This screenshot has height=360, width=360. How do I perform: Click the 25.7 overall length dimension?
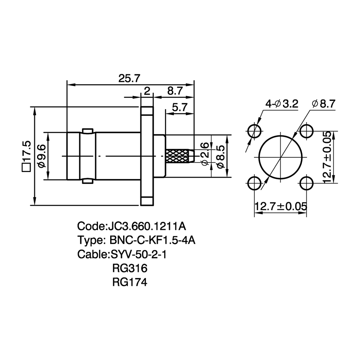tap(129, 78)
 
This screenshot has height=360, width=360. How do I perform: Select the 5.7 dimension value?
tap(180, 107)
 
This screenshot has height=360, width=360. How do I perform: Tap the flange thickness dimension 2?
tap(147, 91)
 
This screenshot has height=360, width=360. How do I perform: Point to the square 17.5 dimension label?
tap(26, 156)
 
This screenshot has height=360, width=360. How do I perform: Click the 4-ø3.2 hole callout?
tap(282, 104)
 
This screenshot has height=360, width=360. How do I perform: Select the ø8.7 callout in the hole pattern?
tap(324, 104)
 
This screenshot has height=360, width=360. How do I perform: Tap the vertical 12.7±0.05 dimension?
tap(328, 157)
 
